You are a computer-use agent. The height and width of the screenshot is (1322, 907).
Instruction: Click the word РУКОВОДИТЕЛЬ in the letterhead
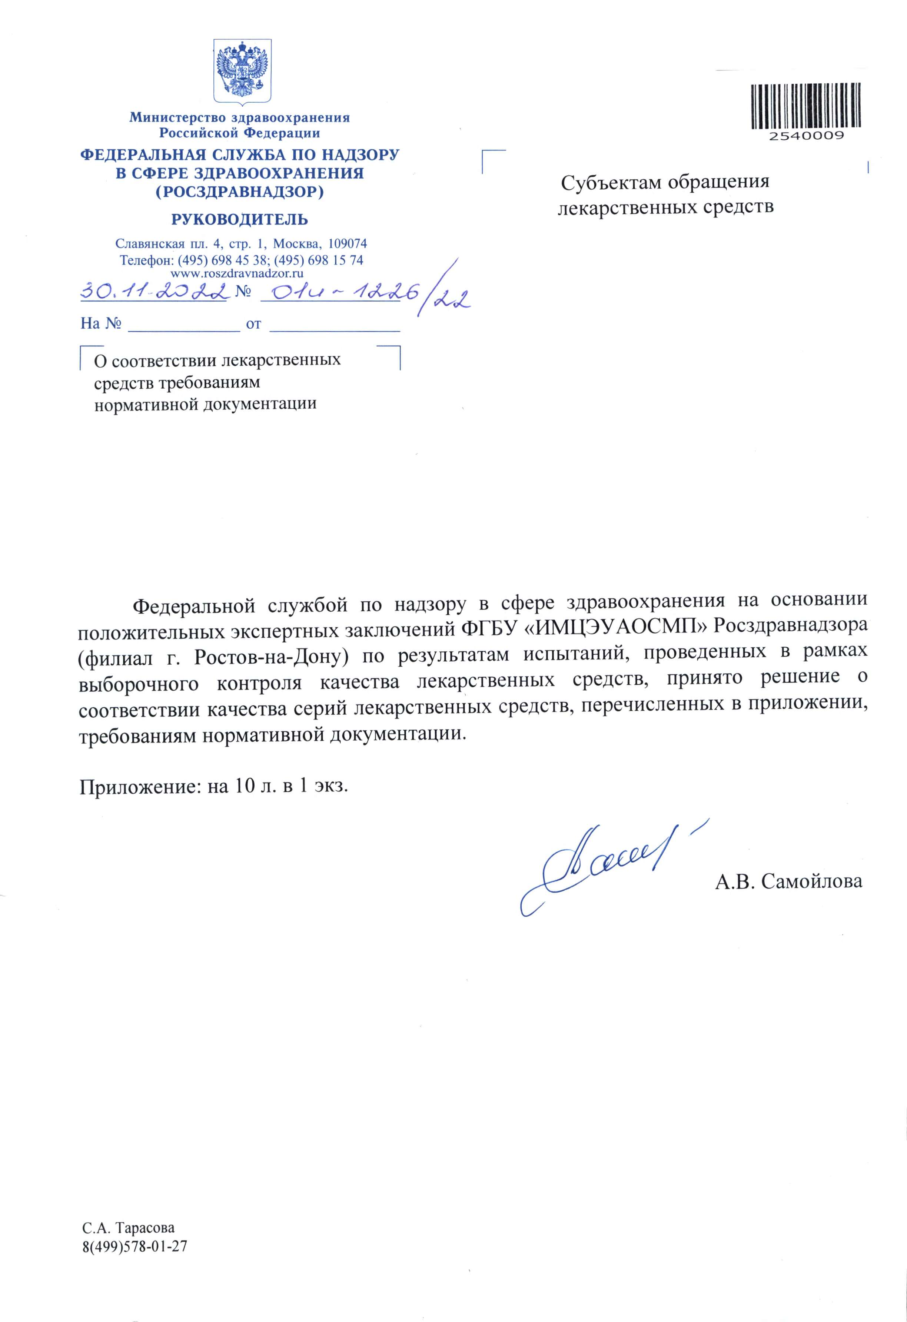point(240,219)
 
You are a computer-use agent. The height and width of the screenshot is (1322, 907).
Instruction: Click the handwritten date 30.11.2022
point(154,292)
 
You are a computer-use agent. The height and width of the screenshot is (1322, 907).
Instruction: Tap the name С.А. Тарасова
point(128,1227)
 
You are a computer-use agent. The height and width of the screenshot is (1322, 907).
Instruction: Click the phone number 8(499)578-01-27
point(135,1245)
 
